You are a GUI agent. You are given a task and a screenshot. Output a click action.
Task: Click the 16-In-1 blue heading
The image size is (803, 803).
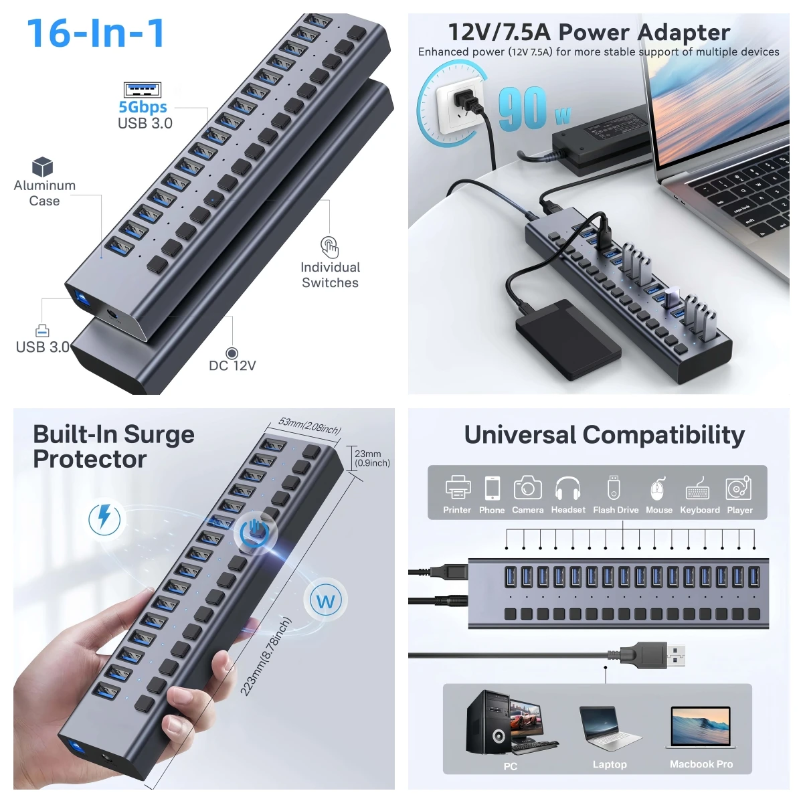96,33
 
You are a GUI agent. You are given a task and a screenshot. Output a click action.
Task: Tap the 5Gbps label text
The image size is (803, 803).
143,107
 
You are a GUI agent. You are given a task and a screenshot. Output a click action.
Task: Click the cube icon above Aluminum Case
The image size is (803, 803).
42,167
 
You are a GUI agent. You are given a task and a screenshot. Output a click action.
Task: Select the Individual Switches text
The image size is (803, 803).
330,275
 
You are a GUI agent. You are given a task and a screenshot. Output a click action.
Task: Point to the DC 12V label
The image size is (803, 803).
232,365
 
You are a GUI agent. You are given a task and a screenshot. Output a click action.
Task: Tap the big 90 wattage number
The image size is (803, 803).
523,108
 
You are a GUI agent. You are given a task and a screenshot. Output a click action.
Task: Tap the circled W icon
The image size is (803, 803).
326,601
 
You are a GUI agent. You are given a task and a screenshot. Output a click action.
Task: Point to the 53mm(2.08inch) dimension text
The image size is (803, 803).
310,426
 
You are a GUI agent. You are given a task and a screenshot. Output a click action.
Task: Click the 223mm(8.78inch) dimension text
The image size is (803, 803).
266,656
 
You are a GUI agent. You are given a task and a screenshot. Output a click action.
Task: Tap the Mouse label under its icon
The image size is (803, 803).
658,510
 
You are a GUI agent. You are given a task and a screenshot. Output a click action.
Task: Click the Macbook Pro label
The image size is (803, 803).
701,764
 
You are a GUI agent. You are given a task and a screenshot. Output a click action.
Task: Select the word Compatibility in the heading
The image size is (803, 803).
663,436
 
